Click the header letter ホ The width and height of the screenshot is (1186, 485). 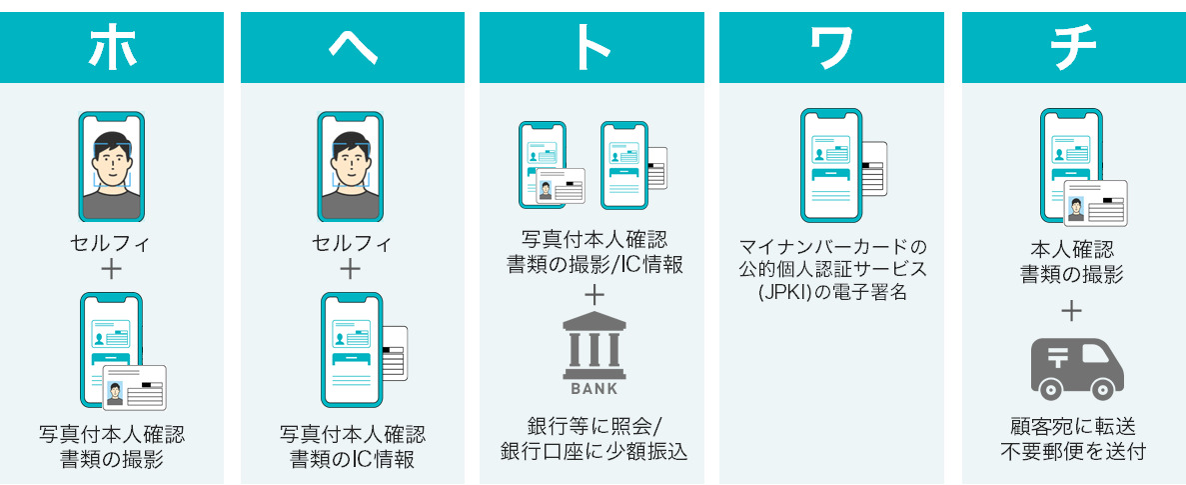coord(112,47)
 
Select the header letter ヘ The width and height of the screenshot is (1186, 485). coord(352,47)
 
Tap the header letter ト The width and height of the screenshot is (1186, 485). coord(593,47)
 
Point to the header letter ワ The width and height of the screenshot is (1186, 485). coord(831,47)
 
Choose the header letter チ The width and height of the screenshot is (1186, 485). coord(1073,47)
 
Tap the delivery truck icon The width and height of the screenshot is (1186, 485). coord(1077,368)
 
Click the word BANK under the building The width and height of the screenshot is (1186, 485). coord(594,388)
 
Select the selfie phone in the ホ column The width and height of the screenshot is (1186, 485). coord(112,166)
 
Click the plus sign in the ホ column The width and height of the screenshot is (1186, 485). coord(112,268)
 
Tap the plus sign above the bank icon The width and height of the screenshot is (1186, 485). coord(594,295)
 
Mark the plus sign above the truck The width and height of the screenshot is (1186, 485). coord(1072,311)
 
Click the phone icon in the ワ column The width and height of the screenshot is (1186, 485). coord(832,165)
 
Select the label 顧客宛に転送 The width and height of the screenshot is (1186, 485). coord(1072,427)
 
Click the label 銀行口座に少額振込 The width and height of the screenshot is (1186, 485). coord(594,450)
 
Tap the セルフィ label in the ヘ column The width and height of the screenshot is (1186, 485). coord(352,243)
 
